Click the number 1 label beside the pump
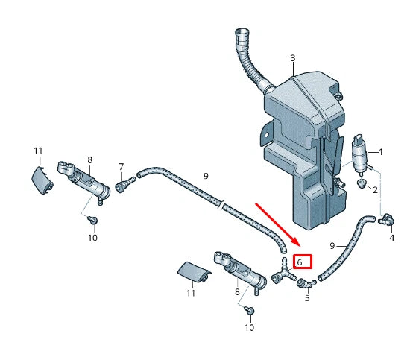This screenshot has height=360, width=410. click(x=380, y=152)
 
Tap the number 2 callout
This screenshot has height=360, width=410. click(x=375, y=190)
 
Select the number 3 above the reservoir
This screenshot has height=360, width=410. click(x=293, y=57)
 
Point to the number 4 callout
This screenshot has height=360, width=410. click(x=391, y=238)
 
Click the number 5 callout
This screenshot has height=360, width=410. click(x=306, y=298)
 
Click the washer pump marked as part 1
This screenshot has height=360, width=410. click(x=360, y=154)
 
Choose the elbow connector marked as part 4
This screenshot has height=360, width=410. click(x=387, y=219)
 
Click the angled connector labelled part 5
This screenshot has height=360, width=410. click(x=305, y=283)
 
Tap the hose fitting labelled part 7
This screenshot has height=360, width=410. click(x=124, y=180)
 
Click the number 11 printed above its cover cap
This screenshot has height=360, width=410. click(x=38, y=151)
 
